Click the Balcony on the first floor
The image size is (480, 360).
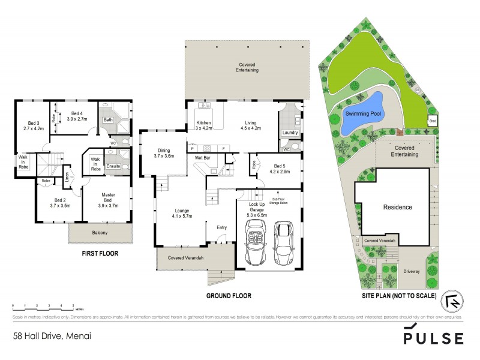pos(100,233)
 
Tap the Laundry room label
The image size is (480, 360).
pos(290,133)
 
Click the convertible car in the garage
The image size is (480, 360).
pos(257,242)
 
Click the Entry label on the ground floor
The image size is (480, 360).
pos(221,227)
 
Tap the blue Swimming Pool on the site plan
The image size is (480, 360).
pos(360,112)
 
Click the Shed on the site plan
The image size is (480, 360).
pos(432,121)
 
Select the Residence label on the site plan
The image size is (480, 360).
pos(398,207)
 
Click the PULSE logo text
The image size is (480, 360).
pos(433,338)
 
